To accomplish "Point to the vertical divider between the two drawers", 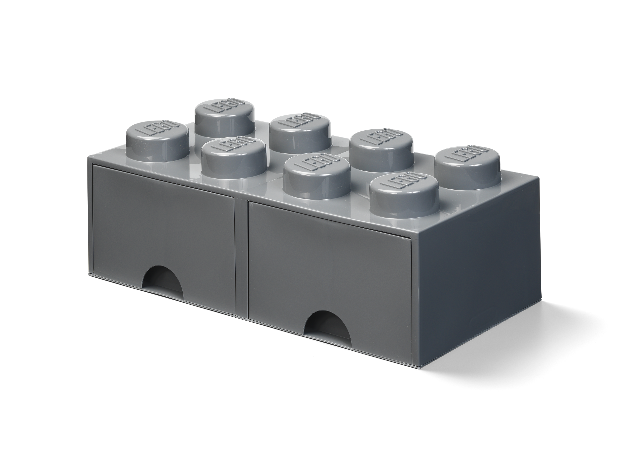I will point(242,254).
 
